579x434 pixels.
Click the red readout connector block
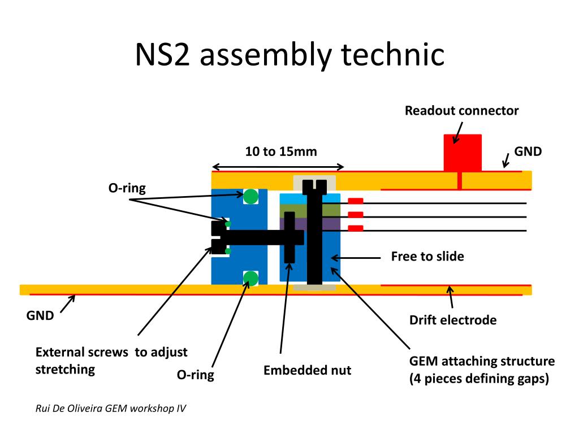point(463,153)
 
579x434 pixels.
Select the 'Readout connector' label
point(461,111)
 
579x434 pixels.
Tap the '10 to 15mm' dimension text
point(281,151)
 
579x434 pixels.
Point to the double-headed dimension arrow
point(278,167)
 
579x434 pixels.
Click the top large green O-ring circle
point(250,196)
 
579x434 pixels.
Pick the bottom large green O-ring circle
point(250,278)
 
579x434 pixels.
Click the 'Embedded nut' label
point(307,370)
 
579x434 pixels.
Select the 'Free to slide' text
point(427,257)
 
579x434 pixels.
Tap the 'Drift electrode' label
point(453,320)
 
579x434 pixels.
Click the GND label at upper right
point(528,151)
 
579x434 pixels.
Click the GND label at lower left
point(40,315)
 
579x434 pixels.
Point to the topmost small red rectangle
point(356,201)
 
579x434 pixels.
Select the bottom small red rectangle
point(356,228)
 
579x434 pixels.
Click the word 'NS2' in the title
point(162,55)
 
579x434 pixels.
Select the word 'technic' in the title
point(392,55)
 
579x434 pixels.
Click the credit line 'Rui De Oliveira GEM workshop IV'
point(110,408)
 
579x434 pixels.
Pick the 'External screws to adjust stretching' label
point(111,361)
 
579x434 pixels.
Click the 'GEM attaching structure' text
point(482,361)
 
